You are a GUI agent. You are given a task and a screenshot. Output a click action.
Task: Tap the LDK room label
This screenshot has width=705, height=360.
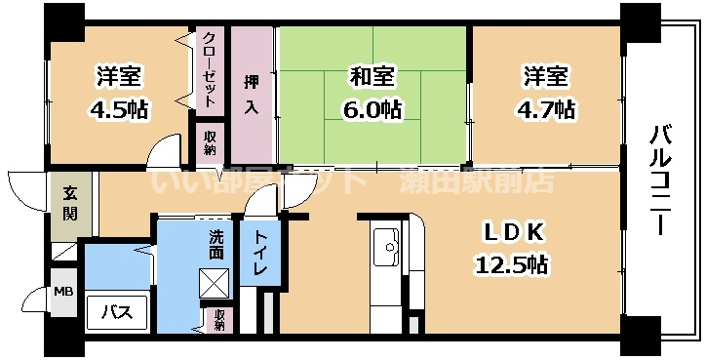tap(509, 233)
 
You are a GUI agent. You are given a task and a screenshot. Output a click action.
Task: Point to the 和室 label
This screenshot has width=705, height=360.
tap(373, 74)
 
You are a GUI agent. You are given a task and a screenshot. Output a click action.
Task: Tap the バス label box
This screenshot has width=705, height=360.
tap(117, 312)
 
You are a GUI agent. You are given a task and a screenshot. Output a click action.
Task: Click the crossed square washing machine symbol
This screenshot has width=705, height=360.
tap(215, 284)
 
